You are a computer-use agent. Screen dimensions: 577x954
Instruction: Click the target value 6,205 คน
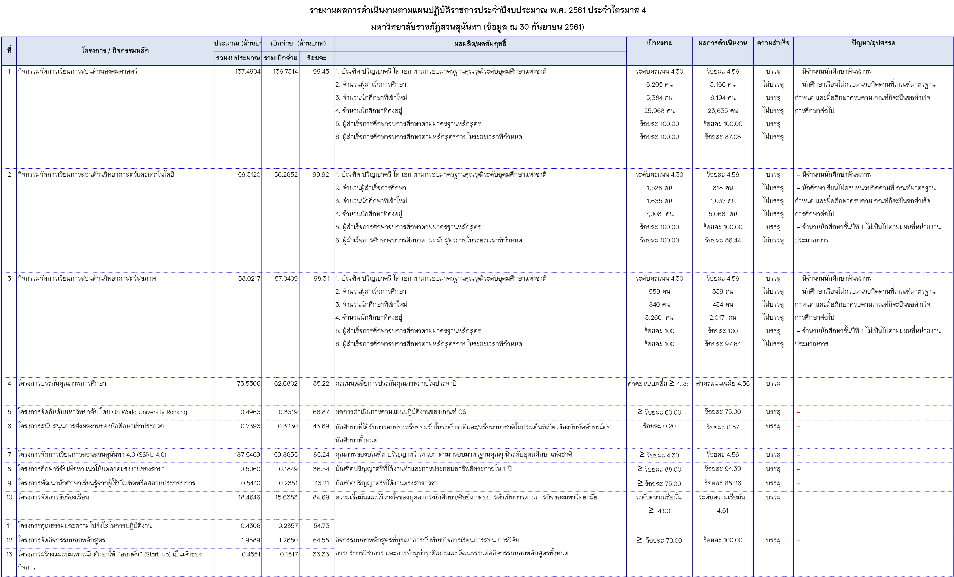pyautogui.click(x=659, y=84)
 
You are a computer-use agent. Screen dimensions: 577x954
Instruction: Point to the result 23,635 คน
pyautogui.click(x=722, y=111)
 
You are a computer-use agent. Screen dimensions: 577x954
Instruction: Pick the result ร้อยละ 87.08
pyautogui.click(x=722, y=137)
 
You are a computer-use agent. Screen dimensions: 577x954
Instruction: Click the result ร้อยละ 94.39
pyautogui.click(x=722, y=469)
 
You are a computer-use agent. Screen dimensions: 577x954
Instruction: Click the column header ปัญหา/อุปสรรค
pyautogui.click(x=873, y=43)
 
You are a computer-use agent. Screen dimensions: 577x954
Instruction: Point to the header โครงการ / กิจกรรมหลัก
pyautogui.click(x=115, y=50)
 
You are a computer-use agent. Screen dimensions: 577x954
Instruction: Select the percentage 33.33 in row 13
pyautogui.click(x=321, y=554)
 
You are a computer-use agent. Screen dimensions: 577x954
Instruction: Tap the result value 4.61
pyautogui.click(x=722, y=511)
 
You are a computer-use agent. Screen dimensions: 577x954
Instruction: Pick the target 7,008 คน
pyautogui.click(x=659, y=214)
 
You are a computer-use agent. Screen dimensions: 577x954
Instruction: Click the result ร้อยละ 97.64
pyautogui.click(x=722, y=344)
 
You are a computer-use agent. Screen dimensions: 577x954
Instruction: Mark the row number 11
pyautogui.click(x=9, y=526)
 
